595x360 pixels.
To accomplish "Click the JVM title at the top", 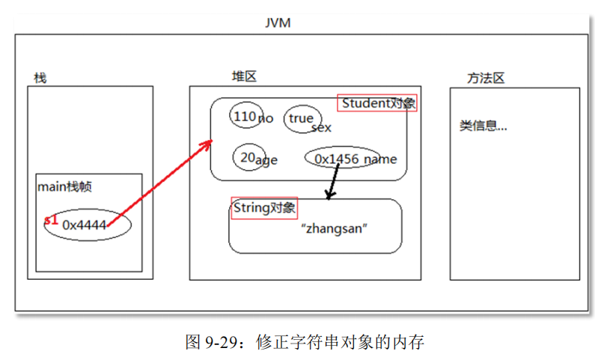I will coord(277,22).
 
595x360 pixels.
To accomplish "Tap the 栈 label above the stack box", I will coord(40,78).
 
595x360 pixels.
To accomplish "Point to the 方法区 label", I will coord(486,78).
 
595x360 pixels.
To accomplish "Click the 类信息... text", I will coord(483,126).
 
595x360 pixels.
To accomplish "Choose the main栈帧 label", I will coord(65,186).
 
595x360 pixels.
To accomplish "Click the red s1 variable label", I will coord(51,220).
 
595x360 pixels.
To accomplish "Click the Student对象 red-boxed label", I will coord(377,103).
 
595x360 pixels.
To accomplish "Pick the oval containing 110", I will coord(245,117).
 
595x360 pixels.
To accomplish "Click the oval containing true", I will coord(302,119).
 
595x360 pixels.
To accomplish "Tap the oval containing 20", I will coord(248,156).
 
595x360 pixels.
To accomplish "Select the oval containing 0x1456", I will coord(342,159).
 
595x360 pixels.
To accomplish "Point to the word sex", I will coord(321,128).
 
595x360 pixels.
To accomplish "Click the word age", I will coord(266,159).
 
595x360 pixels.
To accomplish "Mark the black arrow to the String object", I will coord(332,182).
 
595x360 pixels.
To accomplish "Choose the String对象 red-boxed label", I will coord(264,207).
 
